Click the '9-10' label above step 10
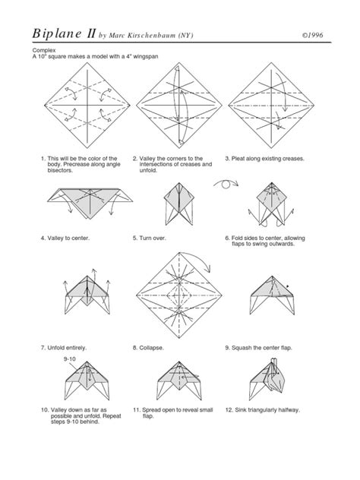pos(71,358)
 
